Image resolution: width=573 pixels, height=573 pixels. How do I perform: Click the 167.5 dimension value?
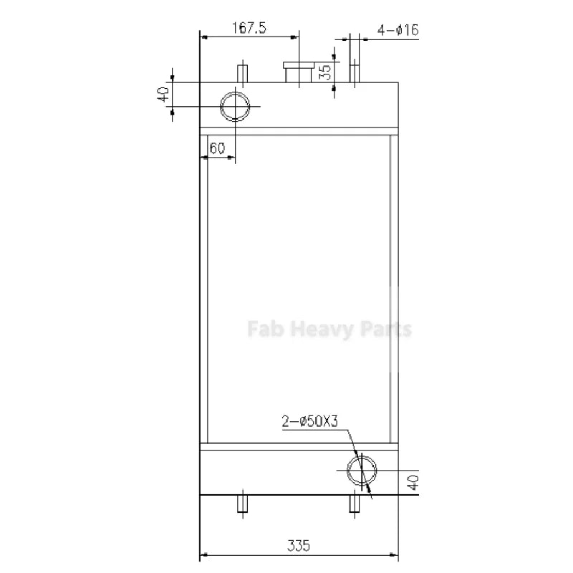coord(249,28)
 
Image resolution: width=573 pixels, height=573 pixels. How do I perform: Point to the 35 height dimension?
coord(324,72)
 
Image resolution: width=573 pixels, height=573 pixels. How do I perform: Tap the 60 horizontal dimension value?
coord(217,148)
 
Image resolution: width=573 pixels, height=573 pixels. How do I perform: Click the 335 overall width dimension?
coord(299,546)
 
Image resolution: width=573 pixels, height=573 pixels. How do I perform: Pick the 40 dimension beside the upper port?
coord(163,93)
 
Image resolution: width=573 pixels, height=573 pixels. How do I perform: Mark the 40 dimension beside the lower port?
coord(412,483)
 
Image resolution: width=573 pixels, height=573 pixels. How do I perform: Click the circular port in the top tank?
coord(235,107)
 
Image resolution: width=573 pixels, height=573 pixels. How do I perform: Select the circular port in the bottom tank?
coord(360,470)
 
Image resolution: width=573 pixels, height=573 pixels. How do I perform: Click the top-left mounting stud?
coord(242,74)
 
